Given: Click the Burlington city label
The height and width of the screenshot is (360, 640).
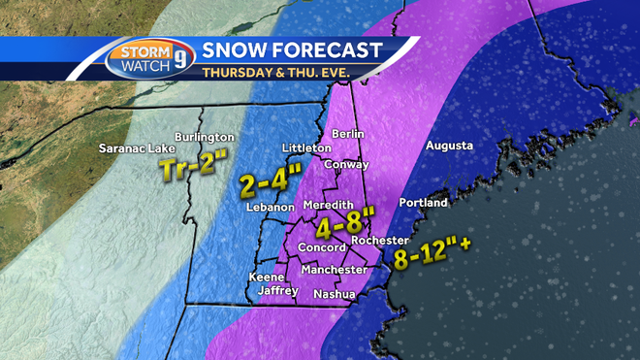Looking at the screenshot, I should (x=204, y=138).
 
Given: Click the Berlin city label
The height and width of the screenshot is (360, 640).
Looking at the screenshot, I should (x=347, y=133).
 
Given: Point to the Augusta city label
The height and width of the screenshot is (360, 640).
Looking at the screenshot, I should (x=448, y=146).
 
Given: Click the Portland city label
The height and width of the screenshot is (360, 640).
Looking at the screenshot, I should (x=423, y=204).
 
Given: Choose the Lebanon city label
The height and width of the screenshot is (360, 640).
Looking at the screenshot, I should (x=269, y=208).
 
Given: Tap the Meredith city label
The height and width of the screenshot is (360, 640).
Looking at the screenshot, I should (x=327, y=207).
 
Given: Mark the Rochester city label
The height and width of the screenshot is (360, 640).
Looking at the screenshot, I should (x=379, y=241).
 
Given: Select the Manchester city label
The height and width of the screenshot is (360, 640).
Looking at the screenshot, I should (x=334, y=270).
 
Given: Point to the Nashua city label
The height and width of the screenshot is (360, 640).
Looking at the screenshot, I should (x=334, y=294).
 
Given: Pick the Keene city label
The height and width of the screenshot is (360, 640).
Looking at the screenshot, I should (x=267, y=277).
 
